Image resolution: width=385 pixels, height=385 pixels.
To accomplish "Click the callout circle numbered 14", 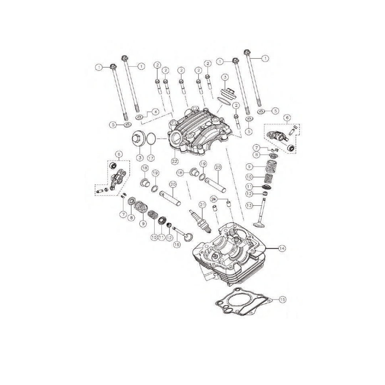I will coord(282,248).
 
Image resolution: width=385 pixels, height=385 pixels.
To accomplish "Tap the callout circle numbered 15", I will coord(282,299).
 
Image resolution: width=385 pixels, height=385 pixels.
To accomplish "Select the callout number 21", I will coord(203,205).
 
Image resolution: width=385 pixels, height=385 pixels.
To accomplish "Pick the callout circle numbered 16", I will coord(176,245).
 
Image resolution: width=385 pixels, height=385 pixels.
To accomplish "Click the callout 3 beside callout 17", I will coord(139,158).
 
